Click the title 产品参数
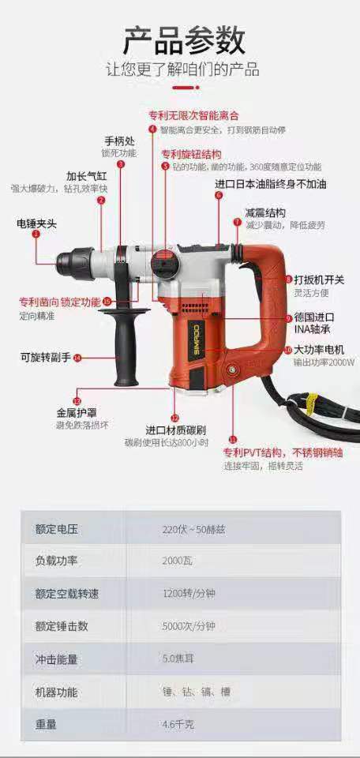coord(184,39)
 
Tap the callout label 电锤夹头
coord(36,223)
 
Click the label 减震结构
coord(265,212)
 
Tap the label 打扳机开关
coord(319,280)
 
